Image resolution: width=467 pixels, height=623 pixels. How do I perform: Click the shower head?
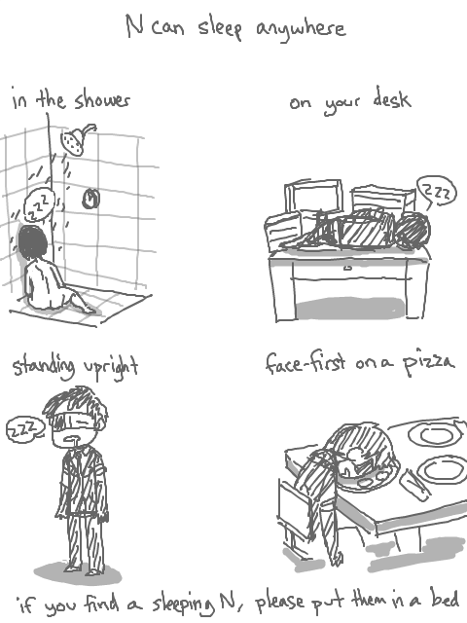coord(75,140)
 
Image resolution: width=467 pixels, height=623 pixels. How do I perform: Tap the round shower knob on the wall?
coord(90,199)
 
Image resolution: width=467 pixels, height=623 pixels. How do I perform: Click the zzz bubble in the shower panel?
coord(39,205)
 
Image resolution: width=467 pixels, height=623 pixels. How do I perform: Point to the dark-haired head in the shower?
coord(32,241)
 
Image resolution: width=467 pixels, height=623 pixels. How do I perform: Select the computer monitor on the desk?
coord(313,199)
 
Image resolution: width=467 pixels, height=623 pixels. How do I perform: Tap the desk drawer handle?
coord(347,269)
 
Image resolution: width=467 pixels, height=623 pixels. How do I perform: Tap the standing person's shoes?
coord(83,569)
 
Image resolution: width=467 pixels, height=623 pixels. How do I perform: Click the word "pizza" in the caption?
coord(428,362)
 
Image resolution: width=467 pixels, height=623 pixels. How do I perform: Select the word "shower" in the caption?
coord(102,100)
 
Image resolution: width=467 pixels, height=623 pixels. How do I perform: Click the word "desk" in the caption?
coord(392,98)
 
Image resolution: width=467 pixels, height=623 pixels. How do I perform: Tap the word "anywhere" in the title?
coord(301,29)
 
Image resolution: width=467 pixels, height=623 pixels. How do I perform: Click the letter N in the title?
coord(135,25)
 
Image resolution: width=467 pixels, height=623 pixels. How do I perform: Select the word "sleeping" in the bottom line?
coord(184,603)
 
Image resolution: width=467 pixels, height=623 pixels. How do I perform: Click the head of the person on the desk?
coord(413,231)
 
